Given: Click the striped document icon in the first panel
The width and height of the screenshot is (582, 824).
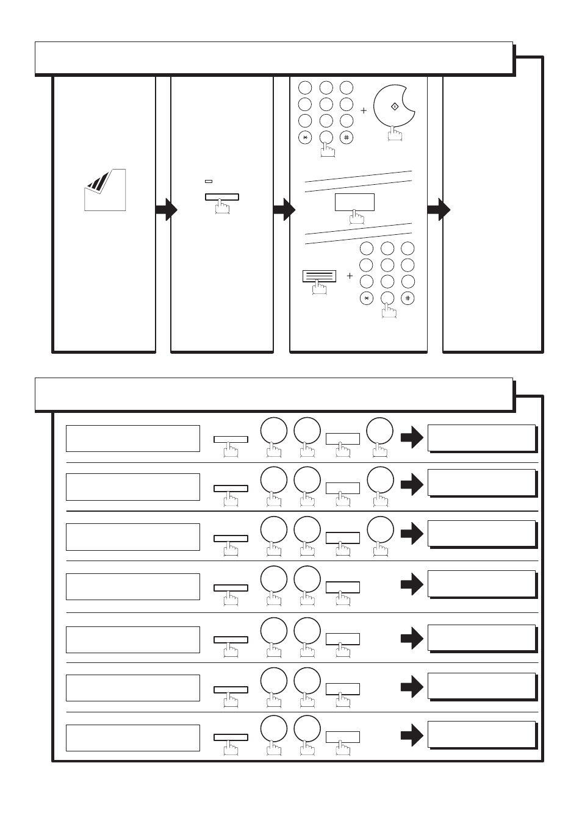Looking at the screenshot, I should [104, 190].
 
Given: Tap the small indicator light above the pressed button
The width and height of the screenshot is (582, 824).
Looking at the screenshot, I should [209, 181].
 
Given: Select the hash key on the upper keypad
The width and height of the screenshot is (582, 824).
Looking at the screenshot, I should [347, 138].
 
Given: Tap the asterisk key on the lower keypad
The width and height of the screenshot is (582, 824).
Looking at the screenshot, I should [366, 298].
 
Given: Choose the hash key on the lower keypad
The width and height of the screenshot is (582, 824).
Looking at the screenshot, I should [408, 298].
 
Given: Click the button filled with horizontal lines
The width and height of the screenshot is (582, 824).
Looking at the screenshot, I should [319, 276].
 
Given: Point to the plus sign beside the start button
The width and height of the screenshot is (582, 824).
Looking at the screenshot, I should [364, 111].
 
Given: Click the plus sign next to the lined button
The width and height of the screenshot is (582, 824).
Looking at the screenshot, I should [350, 276].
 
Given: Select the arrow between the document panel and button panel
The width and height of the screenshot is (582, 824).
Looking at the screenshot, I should [166, 210].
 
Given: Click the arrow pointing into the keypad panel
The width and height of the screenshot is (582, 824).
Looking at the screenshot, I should [284, 210].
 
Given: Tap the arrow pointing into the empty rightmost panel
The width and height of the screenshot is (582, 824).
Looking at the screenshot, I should [438, 210].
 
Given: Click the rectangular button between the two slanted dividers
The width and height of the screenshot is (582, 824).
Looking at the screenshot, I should [354, 202].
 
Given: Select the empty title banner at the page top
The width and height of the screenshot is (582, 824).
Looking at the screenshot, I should [273, 58].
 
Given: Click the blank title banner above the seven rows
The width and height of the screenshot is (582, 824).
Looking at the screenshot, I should [273, 393].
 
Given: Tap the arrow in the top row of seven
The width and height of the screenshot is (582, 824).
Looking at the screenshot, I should [412, 437].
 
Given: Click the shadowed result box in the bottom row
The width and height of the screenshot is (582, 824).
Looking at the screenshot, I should [482, 734].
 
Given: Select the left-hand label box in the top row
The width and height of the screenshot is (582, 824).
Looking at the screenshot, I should [133, 439].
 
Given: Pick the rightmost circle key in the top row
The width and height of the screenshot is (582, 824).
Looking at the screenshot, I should [379, 431].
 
